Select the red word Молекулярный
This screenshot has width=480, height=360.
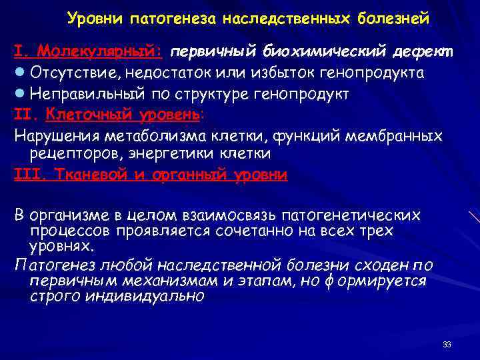(100, 51)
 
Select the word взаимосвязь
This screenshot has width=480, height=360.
(231, 216)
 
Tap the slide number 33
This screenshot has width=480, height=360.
(447, 345)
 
